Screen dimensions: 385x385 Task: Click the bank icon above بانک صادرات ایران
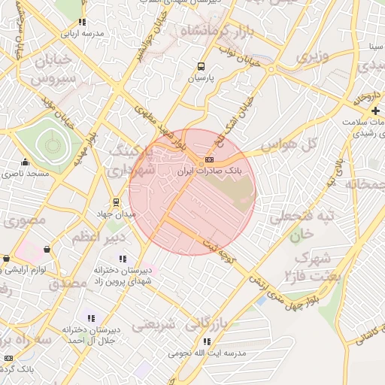(x=209, y=159)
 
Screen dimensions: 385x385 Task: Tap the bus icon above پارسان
(x=201, y=65)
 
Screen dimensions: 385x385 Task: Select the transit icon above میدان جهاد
(x=116, y=202)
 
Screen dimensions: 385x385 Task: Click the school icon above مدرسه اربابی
(x=82, y=23)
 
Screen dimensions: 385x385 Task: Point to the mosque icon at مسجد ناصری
(x=26, y=162)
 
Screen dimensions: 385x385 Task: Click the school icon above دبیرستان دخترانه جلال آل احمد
(x=92, y=318)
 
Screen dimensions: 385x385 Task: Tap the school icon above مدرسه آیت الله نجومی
(x=207, y=341)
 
